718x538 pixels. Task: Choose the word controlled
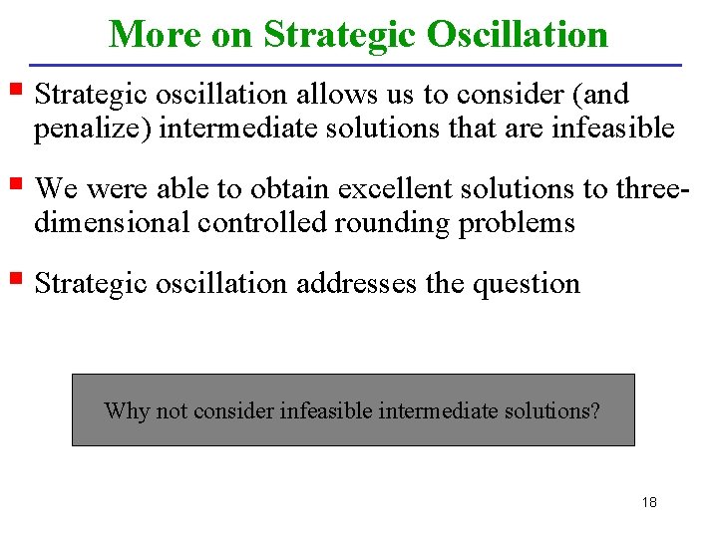(262, 222)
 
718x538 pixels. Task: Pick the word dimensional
(113, 222)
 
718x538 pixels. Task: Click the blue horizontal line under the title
(358, 65)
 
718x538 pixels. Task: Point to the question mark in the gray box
(595, 410)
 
